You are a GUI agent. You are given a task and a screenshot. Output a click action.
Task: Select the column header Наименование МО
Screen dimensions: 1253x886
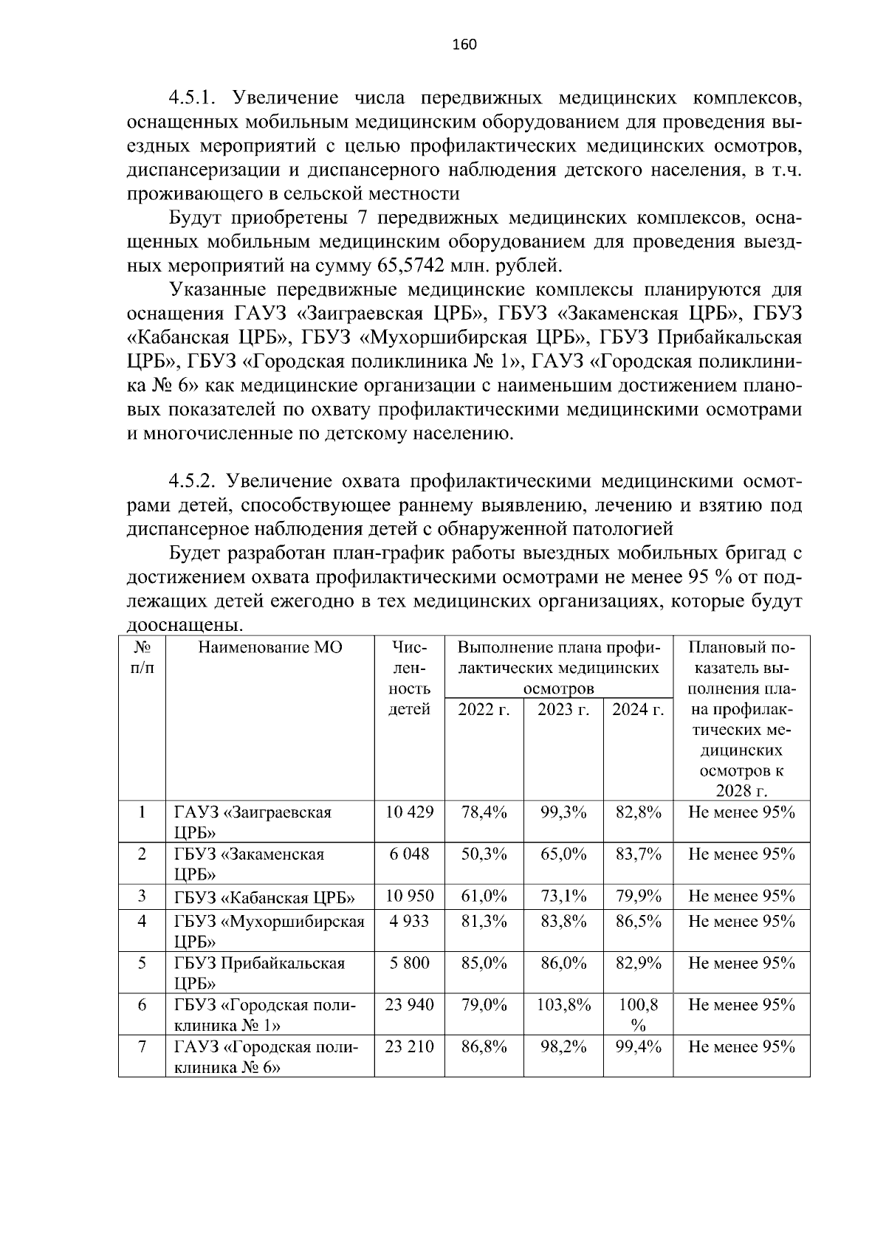pos(269,648)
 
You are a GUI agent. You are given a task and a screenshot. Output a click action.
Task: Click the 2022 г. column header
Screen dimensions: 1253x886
pos(484,710)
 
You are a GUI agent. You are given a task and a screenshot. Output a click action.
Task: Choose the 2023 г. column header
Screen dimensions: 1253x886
pos(563,710)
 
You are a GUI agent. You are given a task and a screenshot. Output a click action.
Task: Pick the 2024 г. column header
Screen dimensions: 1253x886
pos(639,710)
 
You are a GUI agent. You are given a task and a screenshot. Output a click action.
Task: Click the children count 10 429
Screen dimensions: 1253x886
pos(410,812)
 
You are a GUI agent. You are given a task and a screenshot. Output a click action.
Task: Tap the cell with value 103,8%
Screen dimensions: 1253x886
pos(564,1005)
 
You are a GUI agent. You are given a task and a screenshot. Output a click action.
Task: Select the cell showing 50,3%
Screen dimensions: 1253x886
pos(484,855)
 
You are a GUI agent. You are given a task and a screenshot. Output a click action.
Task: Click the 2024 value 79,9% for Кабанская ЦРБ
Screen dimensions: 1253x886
pos(639,897)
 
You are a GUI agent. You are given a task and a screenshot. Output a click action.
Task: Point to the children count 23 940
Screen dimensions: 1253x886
pos(410,1005)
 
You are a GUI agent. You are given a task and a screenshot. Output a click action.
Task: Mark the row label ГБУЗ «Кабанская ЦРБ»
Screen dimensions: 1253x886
pos(265,898)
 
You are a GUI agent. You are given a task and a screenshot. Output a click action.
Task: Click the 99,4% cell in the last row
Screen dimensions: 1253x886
pos(639,1046)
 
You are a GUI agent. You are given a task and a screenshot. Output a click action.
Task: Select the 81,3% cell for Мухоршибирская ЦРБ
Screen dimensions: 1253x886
pos(484,922)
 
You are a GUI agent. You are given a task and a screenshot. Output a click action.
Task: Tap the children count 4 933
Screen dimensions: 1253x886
pos(410,922)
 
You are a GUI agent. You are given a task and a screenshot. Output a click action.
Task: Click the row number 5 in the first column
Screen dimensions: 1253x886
pos(142,963)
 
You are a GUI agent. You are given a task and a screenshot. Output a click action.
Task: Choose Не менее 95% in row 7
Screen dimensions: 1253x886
pos(741,1046)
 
